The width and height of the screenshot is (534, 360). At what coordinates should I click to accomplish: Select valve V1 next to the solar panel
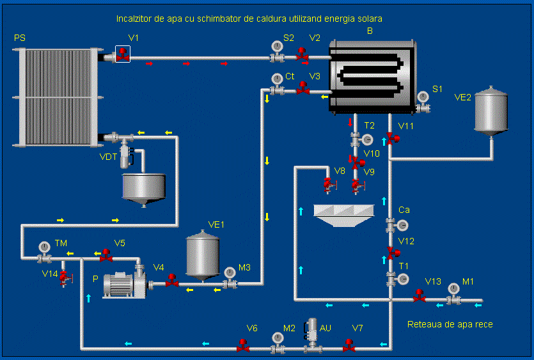(x=122, y=55)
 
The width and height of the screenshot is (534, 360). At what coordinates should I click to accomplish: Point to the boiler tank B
(x=371, y=75)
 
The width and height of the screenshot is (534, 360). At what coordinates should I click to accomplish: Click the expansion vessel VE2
(x=491, y=111)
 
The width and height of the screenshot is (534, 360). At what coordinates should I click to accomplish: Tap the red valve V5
(x=106, y=256)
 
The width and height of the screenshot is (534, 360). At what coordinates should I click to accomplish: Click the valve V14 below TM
(x=64, y=277)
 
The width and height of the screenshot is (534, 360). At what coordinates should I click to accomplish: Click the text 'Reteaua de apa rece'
(x=450, y=325)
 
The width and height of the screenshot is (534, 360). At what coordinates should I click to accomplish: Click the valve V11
(x=392, y=139)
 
